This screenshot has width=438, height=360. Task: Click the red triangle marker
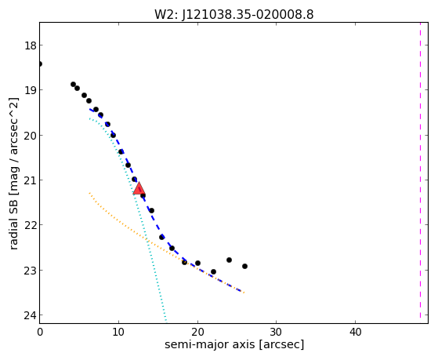click(x=139, y=188)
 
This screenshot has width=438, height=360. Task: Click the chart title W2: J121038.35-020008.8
click(x=234, y=14)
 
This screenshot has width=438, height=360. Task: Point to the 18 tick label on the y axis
click(x=31, y=45)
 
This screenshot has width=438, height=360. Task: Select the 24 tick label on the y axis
click(x=31, y=315)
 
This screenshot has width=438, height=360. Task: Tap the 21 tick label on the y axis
click(x=31, y=180)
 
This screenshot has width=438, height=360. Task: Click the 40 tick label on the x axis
click(x=355, y=332)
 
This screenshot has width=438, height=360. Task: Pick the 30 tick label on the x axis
click(x=277, y=332)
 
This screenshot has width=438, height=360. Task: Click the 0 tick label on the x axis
click(x=40, y=332)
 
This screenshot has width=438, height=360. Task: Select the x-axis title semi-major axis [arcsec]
click(x=234, y=344)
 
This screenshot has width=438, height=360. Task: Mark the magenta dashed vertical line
click(x=420, y=170)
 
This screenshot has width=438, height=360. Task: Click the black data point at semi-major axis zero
click(x=40, y=64)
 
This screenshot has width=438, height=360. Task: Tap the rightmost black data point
click(x=244, y=267)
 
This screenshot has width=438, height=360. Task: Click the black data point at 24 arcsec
click(x=229, y=260)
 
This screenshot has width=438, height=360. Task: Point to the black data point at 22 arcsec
click(x=213, y=272)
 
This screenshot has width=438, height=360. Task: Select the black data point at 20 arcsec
click(x=197, y=264)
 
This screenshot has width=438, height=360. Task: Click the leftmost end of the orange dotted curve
click(x=89, y=193)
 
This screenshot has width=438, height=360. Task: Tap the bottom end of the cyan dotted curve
click(x=166, y=321)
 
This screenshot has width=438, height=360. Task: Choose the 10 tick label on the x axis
click(x=118, y=332)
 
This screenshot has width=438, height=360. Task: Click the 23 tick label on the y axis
click(x=31, y=271)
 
